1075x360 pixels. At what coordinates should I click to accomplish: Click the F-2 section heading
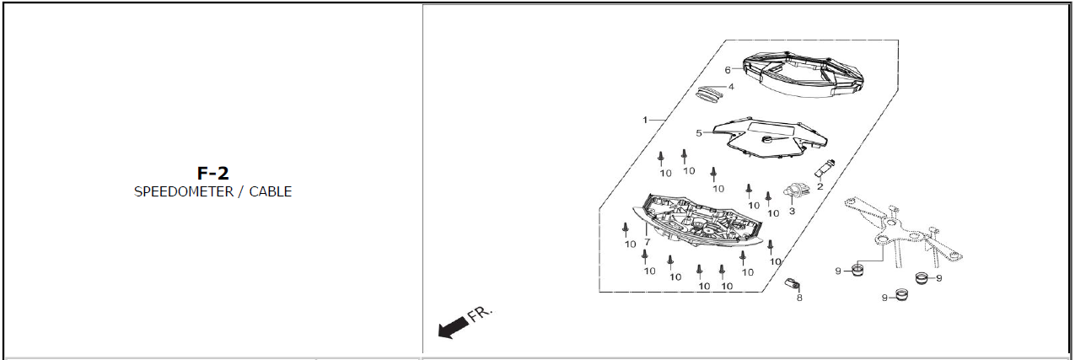point(213,174)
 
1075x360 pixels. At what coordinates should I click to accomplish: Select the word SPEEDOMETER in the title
point(184,191)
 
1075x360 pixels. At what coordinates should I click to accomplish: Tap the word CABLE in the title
point(270,191)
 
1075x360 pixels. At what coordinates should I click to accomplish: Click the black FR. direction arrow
point(453,328)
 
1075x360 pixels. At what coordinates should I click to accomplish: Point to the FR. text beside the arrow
point(481,313)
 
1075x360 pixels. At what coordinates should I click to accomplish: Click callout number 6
point(728,70)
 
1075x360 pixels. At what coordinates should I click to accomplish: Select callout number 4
point(731,87)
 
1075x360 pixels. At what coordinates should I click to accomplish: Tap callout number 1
point(645,120)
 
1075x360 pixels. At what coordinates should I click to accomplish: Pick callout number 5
point(699,133)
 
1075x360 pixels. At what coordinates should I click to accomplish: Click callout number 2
point(820,186)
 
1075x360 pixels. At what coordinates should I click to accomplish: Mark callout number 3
point(792,211)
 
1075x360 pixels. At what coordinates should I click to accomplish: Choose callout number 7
point(647,242)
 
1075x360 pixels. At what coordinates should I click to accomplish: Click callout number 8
point(799,298)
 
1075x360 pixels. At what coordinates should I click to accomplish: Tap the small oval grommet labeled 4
point(709,94)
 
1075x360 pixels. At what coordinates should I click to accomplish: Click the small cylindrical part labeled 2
point(825,169)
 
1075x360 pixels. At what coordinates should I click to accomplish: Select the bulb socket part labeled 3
point(795,191)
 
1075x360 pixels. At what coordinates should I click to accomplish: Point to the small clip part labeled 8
point(792,283)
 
